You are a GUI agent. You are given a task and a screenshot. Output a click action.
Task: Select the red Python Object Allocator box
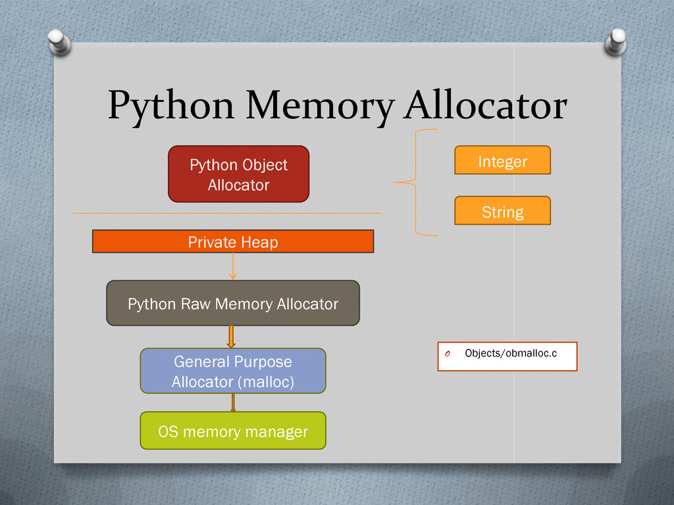[238, 174]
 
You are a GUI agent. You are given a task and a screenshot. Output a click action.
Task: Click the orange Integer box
[502, 160]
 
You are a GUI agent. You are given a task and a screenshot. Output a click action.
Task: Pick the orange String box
[502, 211]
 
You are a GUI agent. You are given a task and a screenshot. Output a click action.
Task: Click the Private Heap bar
[233, 242]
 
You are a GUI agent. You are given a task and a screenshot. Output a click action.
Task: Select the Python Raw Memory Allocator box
[233, 303]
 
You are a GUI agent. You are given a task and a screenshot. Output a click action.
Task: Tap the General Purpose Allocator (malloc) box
[233, 371]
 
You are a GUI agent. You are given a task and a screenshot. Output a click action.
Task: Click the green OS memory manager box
[233, 431]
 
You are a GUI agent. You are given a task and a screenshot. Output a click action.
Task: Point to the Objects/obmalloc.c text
[510, 354]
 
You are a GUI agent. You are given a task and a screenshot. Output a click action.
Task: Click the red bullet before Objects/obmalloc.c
[446, 354]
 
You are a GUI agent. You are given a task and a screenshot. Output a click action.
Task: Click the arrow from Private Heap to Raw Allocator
[233, 267]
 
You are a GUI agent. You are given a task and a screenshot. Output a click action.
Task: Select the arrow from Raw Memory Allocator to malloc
[231, 337]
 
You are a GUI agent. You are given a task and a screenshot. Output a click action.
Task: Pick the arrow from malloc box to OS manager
[232, 402]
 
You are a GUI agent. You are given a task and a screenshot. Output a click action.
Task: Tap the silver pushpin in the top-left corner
[59, 42]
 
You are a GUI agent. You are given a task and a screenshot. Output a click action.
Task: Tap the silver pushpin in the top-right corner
[617, 41]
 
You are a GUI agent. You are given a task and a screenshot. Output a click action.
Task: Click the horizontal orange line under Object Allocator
[227, 213]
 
